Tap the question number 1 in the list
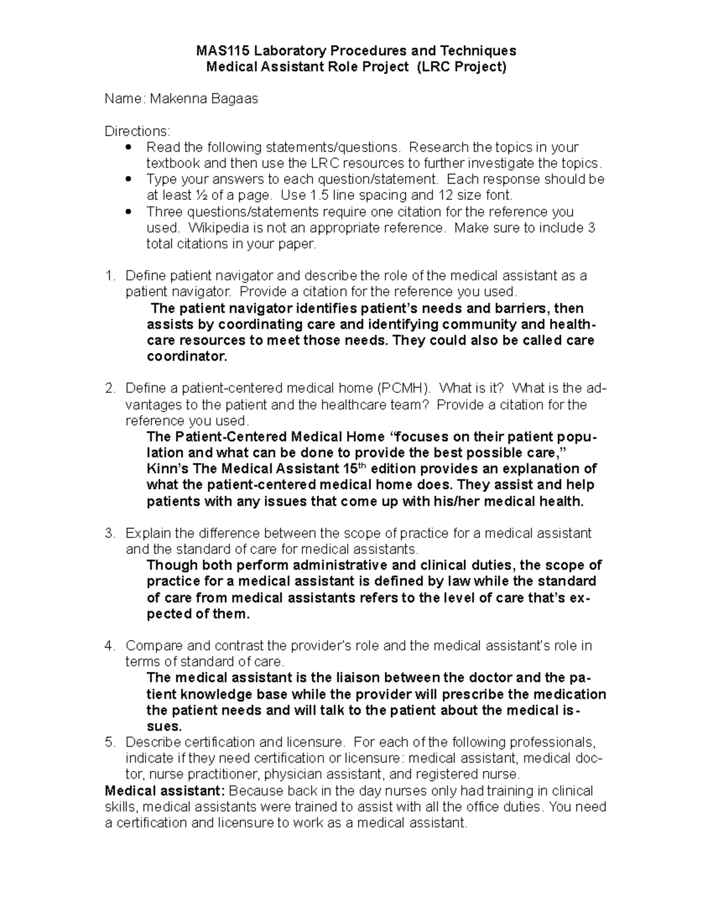coord(108,276)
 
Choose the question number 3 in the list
coord(108,533)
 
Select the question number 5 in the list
coord(108,742)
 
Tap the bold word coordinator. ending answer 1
coord(187,357)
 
